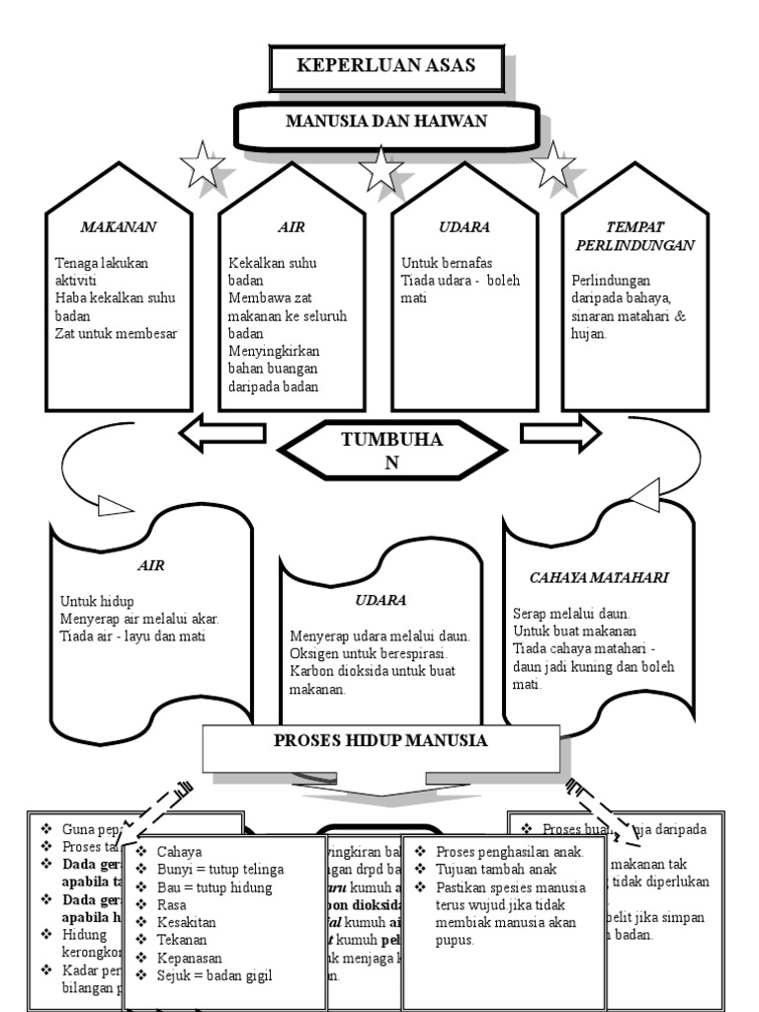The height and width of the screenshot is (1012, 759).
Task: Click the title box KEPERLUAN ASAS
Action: [386, 67]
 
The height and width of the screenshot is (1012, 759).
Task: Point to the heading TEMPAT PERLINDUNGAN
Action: [633, 235]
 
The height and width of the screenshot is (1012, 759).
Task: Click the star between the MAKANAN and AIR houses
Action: [204, 165]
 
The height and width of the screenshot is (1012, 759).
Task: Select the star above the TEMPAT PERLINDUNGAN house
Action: [553, 165]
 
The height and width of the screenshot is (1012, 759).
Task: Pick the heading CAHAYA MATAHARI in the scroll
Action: [586, 577]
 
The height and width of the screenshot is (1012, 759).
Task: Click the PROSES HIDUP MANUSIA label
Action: [380, 740]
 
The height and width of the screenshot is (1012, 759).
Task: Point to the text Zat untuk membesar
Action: [117, 333]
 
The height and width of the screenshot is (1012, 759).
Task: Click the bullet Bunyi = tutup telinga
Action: [220, 870]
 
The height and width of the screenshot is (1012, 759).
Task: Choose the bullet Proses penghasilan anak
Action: [509, 852]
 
